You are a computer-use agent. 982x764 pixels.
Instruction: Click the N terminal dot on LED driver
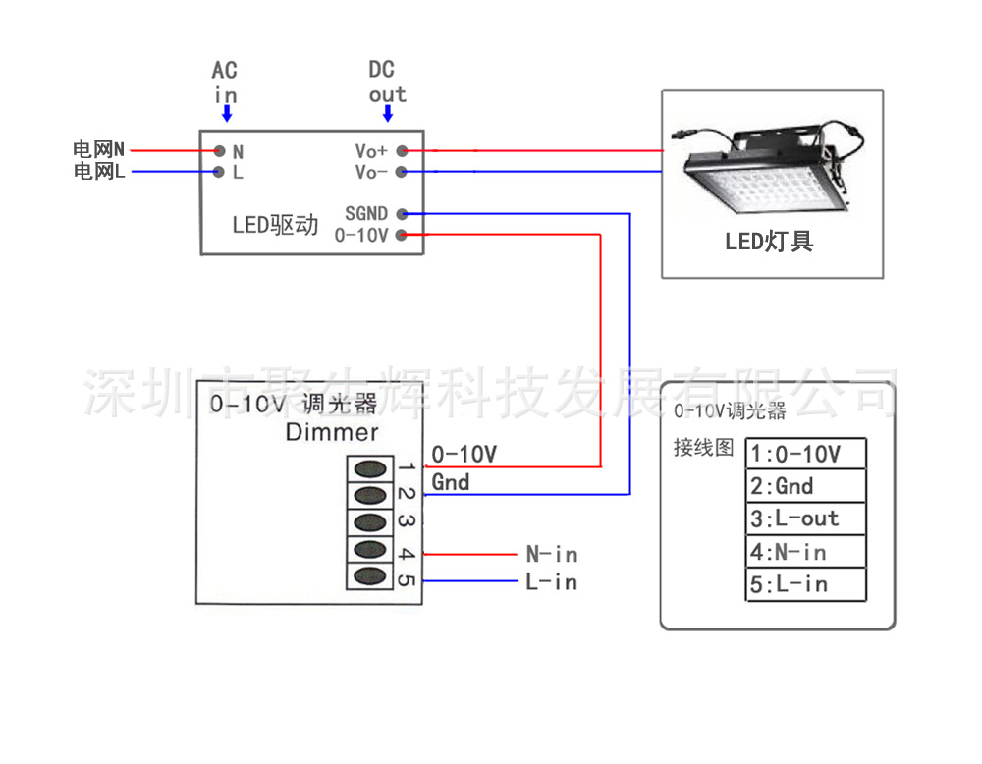tap(220, 151)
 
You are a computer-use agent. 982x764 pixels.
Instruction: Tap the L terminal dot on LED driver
tap(220, 172)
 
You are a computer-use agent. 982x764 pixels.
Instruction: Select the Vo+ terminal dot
tap(402, 151)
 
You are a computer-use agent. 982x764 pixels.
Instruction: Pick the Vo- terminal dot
tap(402, 172)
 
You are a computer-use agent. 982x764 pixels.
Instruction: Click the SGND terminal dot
tap(402, 213)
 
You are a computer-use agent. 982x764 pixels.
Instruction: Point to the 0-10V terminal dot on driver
tap(402, 235)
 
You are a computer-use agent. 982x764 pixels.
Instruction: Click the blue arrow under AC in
tap(227, 113)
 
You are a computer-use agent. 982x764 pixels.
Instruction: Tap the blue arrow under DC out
tap(388, 113)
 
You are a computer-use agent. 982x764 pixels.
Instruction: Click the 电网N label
tap(98, 150)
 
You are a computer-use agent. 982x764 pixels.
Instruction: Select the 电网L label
tap(98, 172)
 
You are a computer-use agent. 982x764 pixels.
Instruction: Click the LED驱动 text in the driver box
tap(276, 225)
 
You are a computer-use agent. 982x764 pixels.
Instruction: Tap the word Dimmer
tap(332, 432)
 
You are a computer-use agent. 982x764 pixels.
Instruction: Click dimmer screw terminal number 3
tap(368, 521)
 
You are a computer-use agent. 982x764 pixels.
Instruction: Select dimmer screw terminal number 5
tap(368, 576)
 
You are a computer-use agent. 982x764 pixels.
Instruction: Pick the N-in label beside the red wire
tap(552, 555)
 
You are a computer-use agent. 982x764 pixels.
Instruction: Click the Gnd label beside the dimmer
tap(451, 482)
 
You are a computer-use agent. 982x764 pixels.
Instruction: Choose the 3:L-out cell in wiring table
tap(805, 518)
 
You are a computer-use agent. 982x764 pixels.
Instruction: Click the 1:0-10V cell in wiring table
tap(805, 454)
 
